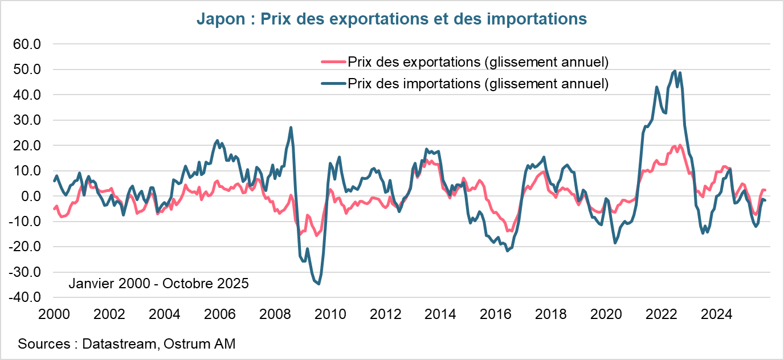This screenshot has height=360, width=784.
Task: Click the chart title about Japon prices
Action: (x=391, y=19)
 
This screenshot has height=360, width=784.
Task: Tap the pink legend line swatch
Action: (x=333, y=62)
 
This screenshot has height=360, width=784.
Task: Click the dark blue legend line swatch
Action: (x=333, y=84)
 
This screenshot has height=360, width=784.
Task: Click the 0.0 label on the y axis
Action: (x=31, y=196)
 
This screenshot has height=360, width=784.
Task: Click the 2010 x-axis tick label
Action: (x=330, y=314)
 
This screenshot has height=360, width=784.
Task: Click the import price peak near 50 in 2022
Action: (x=675, y=71)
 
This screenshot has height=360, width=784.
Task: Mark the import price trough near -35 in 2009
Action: (x=318, y=284)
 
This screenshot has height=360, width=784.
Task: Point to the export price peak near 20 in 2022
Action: (x=680, y=145)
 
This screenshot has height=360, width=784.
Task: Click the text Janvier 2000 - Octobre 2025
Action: (x=158, y=283)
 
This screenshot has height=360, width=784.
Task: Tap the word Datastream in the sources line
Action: (x=117, y=344)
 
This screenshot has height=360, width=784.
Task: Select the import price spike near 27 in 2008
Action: (x=291, y=128)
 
